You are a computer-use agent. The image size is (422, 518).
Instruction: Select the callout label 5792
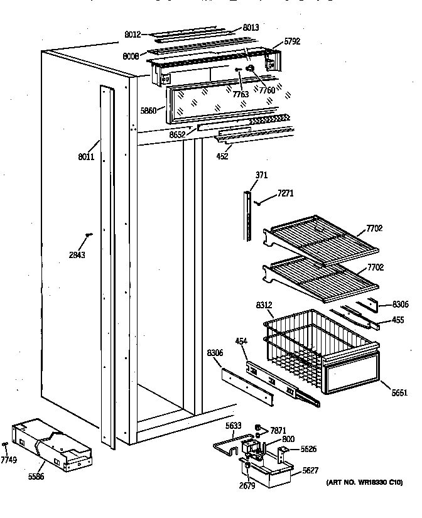pyautogui.click(x=293, y=41)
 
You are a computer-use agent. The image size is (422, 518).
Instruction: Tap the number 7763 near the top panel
pyautogui.click(x=241, y=94)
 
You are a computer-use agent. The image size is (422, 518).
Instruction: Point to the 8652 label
pyautogui.click(x=178, y=134)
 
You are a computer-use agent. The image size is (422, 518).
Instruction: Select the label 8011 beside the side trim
pyautogui.click(x=86, y=156)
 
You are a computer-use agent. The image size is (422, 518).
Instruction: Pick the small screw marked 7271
pyautogui.click(x=259, y=202)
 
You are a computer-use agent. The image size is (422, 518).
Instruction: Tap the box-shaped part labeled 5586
pyautogui.click(x=50, y=445)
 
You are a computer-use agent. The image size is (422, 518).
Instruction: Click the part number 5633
pyautogui.click(x=234, y=425)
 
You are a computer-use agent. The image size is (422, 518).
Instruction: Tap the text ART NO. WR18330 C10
pyautogui.click(x=364, y=482)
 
